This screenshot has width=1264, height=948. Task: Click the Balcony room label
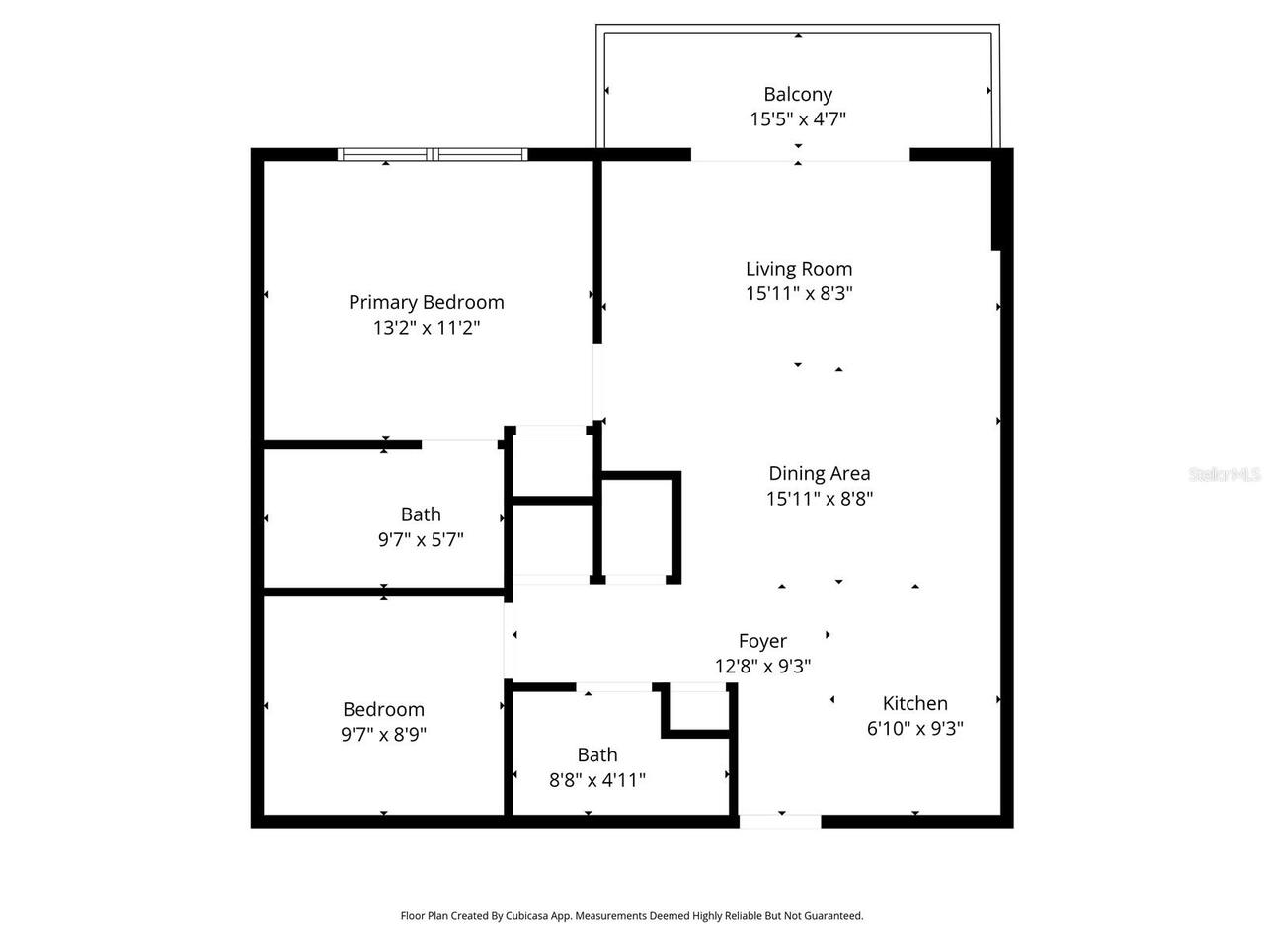tap(798, 94)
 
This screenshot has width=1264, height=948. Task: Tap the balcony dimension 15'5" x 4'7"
tap(798, 119)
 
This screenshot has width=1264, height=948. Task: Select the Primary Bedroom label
tap(427, 302)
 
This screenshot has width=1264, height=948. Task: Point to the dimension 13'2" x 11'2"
tap(427, 328)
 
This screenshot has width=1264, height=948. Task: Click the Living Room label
tap(799, 269)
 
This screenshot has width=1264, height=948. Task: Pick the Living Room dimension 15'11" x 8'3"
tap(799, 293)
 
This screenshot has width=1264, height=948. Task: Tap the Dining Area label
tap(820, 473)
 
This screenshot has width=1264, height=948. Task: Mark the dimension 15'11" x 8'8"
tap(820, 499)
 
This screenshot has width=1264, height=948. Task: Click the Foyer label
tap(762, 641)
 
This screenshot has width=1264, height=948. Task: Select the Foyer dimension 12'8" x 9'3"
tap(762, 667)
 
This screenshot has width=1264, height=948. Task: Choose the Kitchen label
tap(915, 703)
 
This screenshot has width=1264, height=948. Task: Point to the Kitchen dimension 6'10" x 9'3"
tap(915, 729)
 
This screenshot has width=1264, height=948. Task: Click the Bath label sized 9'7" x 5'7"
tap(421, 514)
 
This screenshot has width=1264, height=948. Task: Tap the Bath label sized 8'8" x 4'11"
tap(597, 754)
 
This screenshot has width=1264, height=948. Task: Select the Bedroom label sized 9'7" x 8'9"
tap(383, 709)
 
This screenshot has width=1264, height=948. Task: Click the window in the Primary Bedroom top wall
tap(433, 154)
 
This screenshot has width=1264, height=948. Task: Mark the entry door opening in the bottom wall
tap(780, 821)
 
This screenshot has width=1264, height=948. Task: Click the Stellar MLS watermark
tap(1224, 475)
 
